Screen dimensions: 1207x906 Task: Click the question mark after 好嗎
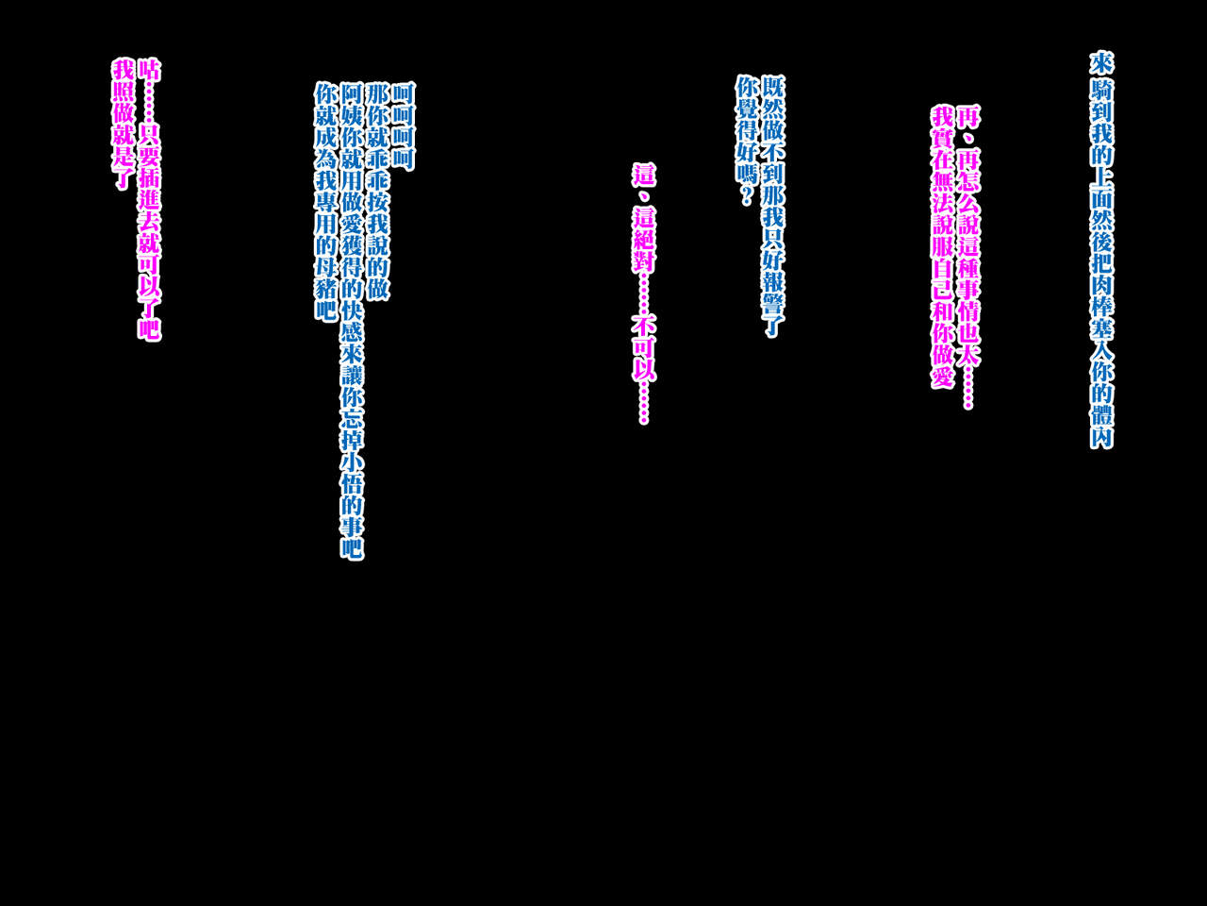746,196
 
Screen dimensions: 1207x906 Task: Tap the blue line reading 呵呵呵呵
403,126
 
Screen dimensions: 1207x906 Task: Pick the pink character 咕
149,71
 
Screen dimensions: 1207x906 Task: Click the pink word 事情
968,291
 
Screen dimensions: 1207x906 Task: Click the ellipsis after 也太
968,389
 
